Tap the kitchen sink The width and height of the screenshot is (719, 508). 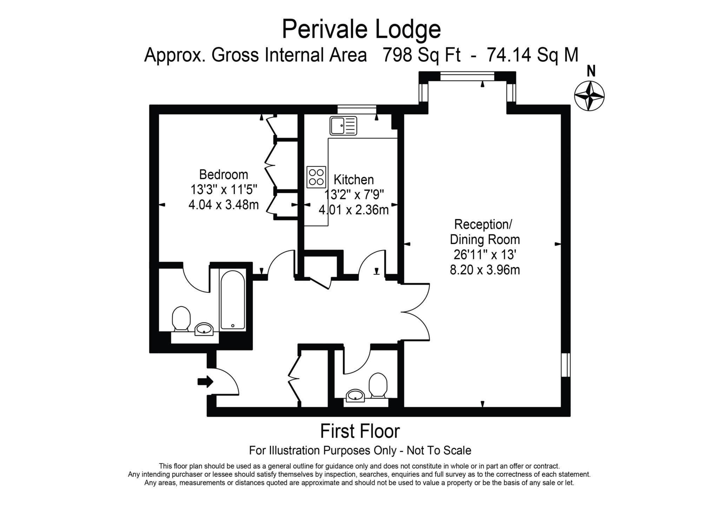343,126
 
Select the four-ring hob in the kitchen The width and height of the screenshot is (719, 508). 316,177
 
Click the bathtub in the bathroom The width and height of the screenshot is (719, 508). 232,300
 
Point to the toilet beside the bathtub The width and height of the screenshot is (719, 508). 181,318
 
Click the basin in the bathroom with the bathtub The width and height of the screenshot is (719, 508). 204,329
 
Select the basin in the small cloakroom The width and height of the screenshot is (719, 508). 355,396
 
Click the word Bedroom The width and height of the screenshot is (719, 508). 223,174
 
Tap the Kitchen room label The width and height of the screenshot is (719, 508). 354,180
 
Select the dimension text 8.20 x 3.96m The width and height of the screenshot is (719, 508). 484,270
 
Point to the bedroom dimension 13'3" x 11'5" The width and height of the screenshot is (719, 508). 224,189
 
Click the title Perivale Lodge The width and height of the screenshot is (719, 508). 361,29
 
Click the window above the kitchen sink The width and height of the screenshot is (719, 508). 356,109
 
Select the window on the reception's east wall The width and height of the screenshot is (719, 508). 565,365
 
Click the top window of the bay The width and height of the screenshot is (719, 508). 467,76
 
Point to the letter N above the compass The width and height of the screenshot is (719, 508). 591,72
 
